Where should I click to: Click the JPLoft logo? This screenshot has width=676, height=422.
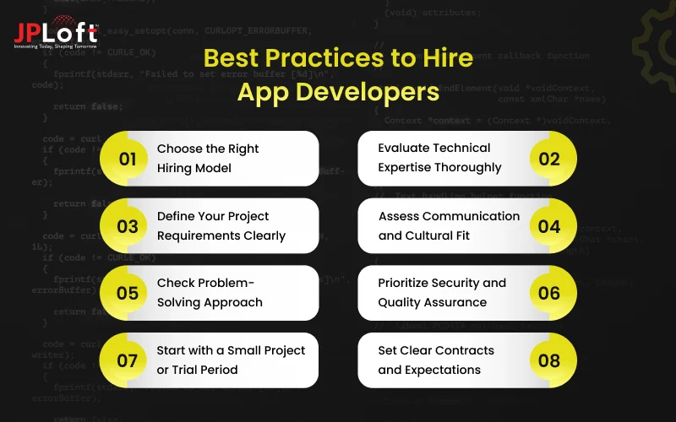pos(55,33)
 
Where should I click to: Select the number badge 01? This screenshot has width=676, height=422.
pos(128,158)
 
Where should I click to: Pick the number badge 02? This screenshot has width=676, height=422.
pos(549,158)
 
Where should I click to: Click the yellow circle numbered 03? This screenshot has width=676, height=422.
pos(128,225)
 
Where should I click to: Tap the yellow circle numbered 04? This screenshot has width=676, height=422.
pos(549,225)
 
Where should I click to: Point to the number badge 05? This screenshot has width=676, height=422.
pos(128,293)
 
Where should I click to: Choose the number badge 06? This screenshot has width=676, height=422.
pos(549,293)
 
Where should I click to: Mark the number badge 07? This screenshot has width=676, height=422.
pos(128,360)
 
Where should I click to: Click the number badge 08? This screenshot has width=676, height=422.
pos(549,360)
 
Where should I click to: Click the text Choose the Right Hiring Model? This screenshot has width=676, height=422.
pos(208,158)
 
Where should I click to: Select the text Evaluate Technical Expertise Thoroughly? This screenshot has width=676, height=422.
pos(439,158)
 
